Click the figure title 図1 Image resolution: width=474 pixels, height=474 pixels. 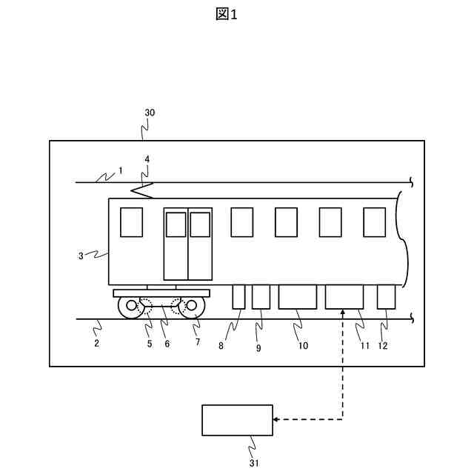click(227, 15)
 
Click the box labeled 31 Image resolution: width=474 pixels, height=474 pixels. click(237, 421)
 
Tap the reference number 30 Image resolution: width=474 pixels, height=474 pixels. click(150, 113)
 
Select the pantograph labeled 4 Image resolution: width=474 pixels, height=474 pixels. click(142, 190)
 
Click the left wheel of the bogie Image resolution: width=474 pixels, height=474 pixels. click(131, 306)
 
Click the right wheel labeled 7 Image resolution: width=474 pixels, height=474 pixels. click(192, 306)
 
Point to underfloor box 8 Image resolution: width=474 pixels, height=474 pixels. click(238, 296)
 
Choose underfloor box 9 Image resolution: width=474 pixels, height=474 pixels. click(261, 296)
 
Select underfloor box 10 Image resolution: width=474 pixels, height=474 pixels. click(297, 296)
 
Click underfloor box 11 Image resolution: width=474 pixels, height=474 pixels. click(344, 296)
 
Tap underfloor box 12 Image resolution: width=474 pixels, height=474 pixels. click(386, 296)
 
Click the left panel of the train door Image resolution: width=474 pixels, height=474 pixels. click(176, 244)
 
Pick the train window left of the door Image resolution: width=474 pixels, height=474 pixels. click(131, 222)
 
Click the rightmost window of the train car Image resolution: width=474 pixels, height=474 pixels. click(374, 222)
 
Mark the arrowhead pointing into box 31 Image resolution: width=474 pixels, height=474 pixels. click(276, 420)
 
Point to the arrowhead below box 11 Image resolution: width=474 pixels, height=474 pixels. click(343, 314)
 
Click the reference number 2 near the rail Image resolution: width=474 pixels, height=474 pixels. click(96, 344)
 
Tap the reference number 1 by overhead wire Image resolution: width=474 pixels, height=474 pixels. click(120, 170)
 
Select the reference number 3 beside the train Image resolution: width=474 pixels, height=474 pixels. click(81, 256)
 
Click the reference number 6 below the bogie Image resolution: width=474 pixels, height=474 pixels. click(167, 344)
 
